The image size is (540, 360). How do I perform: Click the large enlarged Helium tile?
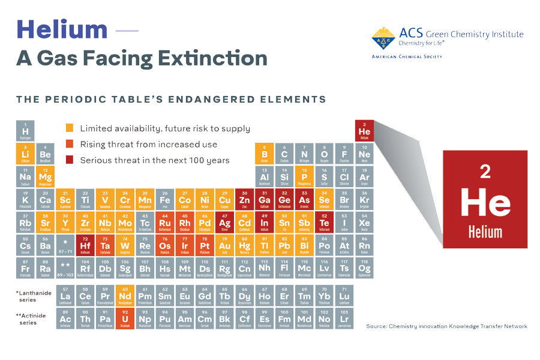(485, 200)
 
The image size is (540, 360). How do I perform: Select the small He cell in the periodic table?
(364, 130)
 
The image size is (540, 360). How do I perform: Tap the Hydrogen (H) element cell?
(25, 130)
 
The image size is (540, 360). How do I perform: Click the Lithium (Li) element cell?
(25, 154)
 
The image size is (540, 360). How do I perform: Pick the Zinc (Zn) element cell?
(244, 199)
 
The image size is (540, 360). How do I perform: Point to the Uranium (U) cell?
(125, 318)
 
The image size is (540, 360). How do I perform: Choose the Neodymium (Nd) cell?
(125, 295)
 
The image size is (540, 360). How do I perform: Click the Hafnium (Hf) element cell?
(85, 245)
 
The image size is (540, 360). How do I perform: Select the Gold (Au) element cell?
(224, 245)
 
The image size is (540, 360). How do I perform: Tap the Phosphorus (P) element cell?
(304, 176)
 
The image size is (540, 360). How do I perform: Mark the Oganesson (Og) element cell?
(364, 268)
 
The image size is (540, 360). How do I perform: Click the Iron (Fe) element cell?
(165, 199)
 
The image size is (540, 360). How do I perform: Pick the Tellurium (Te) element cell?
(324, 222)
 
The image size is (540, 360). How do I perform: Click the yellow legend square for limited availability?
(70, 128)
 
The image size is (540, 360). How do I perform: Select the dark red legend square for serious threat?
(70, 160)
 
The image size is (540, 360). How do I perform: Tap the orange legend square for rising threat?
(70, 144)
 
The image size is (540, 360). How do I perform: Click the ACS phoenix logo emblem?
(383, 38)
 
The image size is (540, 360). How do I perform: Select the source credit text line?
(446, 326)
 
